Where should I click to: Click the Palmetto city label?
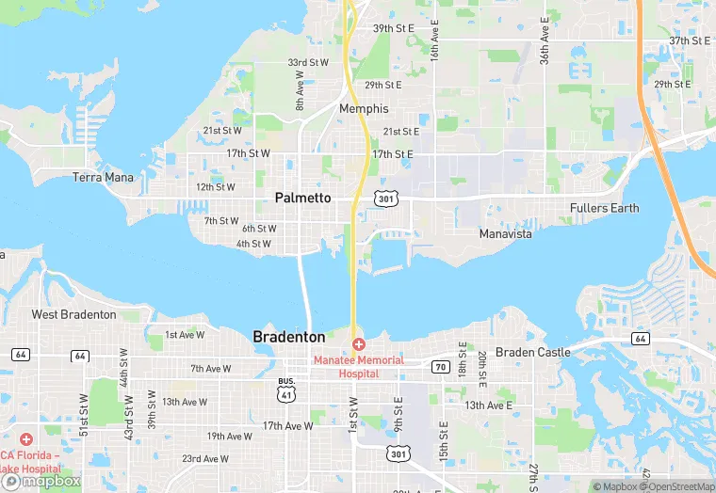click(302, 198)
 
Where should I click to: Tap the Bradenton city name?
click(289, 337)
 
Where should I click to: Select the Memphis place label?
click(364, 109)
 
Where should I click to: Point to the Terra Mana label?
click(103, 177)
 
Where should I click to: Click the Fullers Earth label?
click(604, 208)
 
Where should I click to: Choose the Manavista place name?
click(505, 233)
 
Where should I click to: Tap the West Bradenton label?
click(74, 314)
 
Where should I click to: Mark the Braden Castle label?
click(533, 352)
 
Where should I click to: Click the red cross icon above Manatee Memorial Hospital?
click(359, 345)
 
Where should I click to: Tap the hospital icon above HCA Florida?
click(25, 439)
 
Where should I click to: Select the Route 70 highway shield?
click(440, 367)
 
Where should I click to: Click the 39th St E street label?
click(393, 28)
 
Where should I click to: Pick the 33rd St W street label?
click(308, 63)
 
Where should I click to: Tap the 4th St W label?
click(254, 244)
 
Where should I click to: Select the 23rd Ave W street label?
click(204, 459)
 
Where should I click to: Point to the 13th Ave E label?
click(488, 406)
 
